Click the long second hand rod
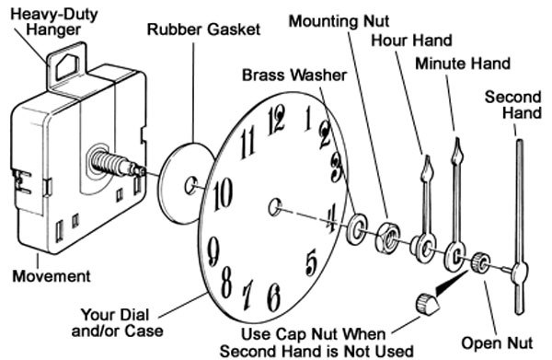[521, 212]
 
